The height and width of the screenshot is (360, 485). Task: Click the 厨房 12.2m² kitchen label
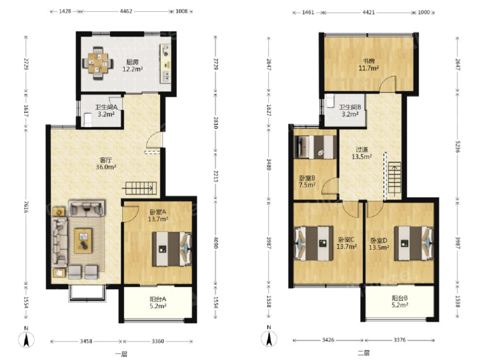tap(133, 66)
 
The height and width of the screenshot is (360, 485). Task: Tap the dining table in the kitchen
tap(98, 63)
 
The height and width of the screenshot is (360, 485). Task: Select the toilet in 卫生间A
tap(88, 120)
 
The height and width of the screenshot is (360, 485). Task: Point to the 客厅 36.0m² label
tap(106, 164)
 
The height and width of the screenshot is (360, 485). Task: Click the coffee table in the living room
tap(83, 241)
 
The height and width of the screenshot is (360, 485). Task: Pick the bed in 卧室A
tap(172, 249)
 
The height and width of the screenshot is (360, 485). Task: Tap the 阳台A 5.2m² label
tap(158, 302)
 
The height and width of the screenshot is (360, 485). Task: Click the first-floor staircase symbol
tap(141, 188)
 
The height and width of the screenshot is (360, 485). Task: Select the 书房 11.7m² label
tap(368, 64)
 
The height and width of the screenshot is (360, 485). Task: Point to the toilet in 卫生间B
tap(330, 101)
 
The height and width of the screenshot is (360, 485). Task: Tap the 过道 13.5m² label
tap(362, 153)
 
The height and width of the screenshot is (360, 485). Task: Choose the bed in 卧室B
tap(315, 147)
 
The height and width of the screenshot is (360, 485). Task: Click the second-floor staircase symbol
tap(394, 181)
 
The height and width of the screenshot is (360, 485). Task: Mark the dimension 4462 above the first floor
tap(126, 11)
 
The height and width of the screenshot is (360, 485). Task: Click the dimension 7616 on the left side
tap(26, 207)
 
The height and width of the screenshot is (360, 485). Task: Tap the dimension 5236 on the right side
tap(457, 146)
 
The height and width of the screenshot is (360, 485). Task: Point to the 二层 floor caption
tap(363, 353)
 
